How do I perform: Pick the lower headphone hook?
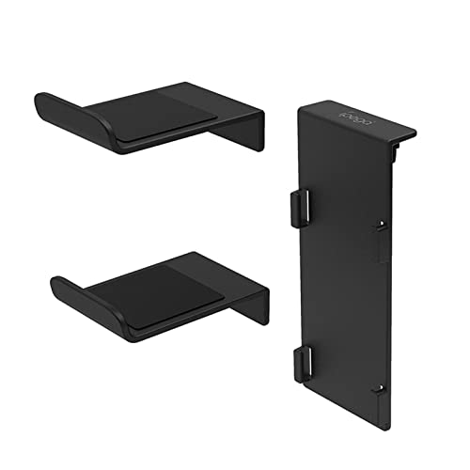(x=160, y=293)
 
